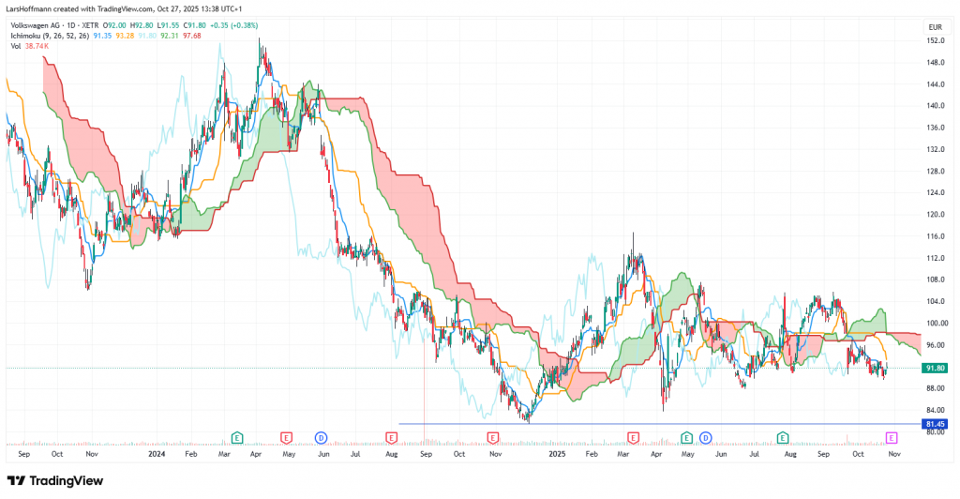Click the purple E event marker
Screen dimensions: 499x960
[892, 438]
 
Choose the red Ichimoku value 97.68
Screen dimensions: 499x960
[192, 37]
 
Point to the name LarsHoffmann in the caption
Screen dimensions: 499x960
[29, 8]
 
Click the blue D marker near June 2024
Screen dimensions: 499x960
[320, 438]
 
